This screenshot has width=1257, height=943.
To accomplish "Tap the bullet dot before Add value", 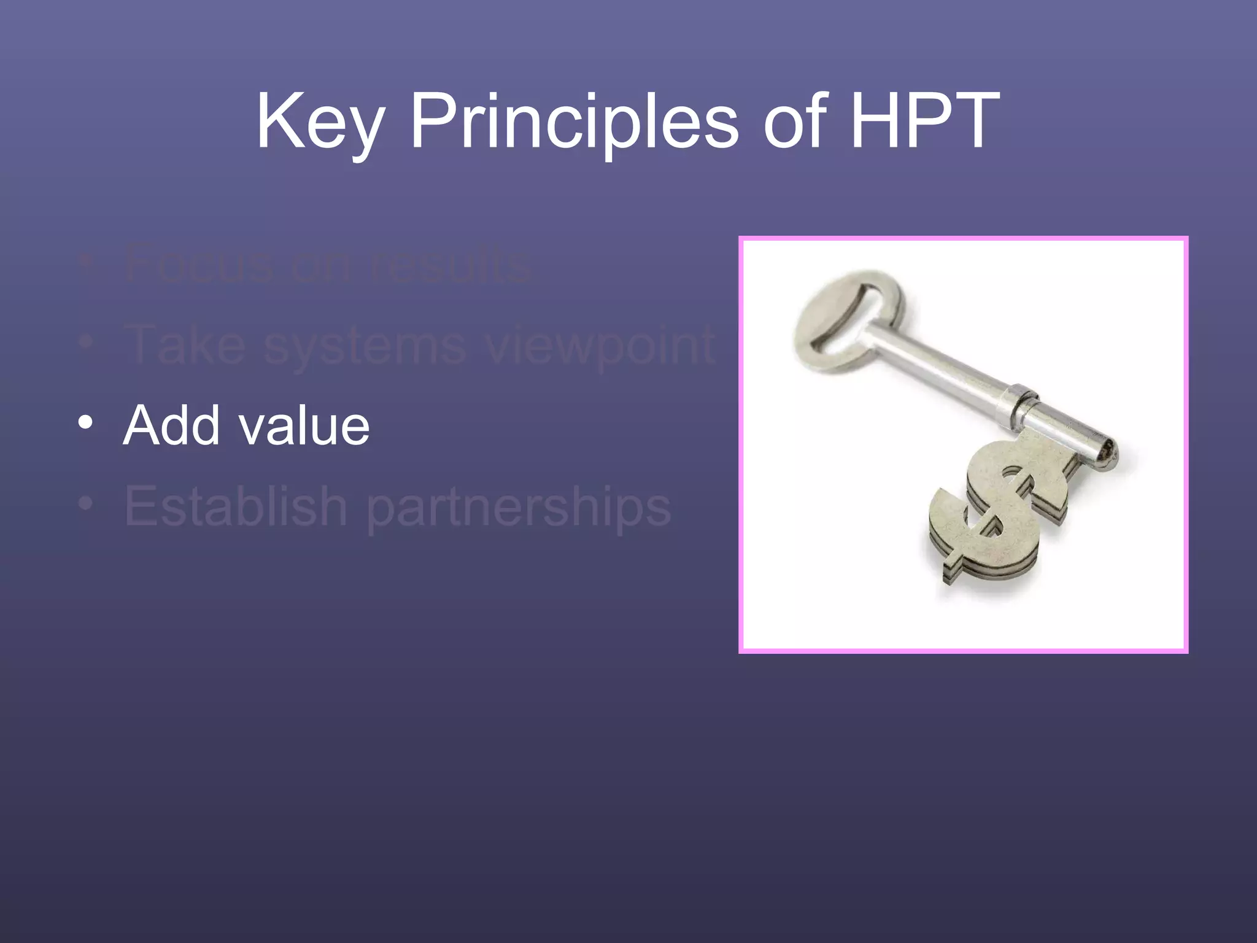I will click(86, 423).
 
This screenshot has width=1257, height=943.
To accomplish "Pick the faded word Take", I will click(185, 345).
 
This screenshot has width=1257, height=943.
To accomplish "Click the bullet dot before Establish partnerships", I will click(86, 504).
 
